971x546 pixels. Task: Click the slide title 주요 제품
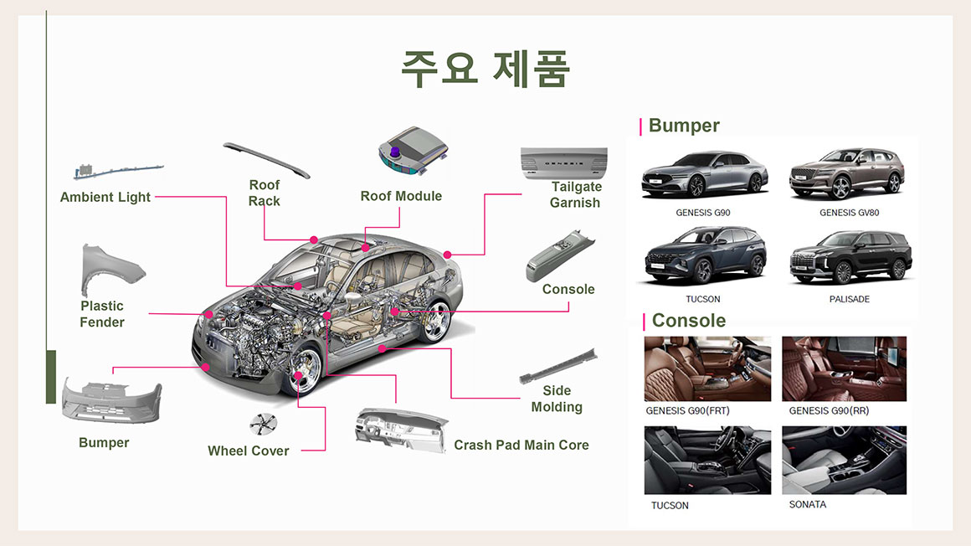485,69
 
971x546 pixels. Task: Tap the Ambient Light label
105,197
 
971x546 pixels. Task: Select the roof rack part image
266,159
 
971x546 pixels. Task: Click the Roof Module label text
401,196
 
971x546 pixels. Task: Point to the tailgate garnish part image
563,162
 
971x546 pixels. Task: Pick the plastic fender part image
111,270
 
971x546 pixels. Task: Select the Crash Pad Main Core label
521,445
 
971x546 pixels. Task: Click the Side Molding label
557,399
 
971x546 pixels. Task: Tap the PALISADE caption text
849,299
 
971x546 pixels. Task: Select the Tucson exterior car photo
703,255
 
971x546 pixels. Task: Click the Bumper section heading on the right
684,126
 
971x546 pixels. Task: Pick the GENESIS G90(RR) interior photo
844,368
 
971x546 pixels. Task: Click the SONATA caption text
807,505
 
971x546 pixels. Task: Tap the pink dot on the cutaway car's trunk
448,254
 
